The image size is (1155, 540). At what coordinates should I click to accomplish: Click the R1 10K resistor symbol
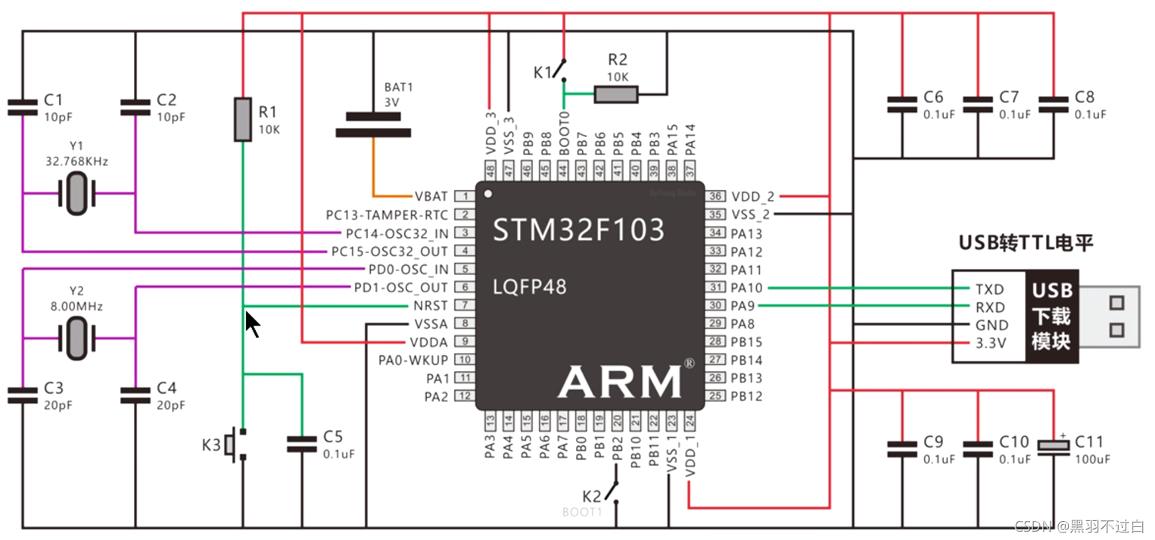(x=242, y=119)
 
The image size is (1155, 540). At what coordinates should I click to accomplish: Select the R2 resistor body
(x=615, y=94)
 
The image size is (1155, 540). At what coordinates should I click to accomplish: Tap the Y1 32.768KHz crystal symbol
(x=77, y=193)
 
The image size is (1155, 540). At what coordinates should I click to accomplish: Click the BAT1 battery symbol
(x=373, y=124)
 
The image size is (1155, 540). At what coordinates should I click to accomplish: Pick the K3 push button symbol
(x=241, y=445)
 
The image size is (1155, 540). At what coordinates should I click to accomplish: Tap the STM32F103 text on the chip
(x=579, y=229)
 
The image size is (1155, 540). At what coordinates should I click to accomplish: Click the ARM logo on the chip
(x=619, y=381)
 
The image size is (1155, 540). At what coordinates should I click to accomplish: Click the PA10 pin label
(x=746, y=288)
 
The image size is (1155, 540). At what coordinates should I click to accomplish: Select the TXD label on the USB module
(x=989, y=289)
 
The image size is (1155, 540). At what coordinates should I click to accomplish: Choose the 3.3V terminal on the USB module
(x=990, y=343)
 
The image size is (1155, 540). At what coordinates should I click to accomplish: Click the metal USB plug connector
(x=1109, y=316)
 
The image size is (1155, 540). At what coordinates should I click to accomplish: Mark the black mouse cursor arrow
(x=252, y=324)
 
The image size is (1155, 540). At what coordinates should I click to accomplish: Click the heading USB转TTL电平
(x=1026, y=243)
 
